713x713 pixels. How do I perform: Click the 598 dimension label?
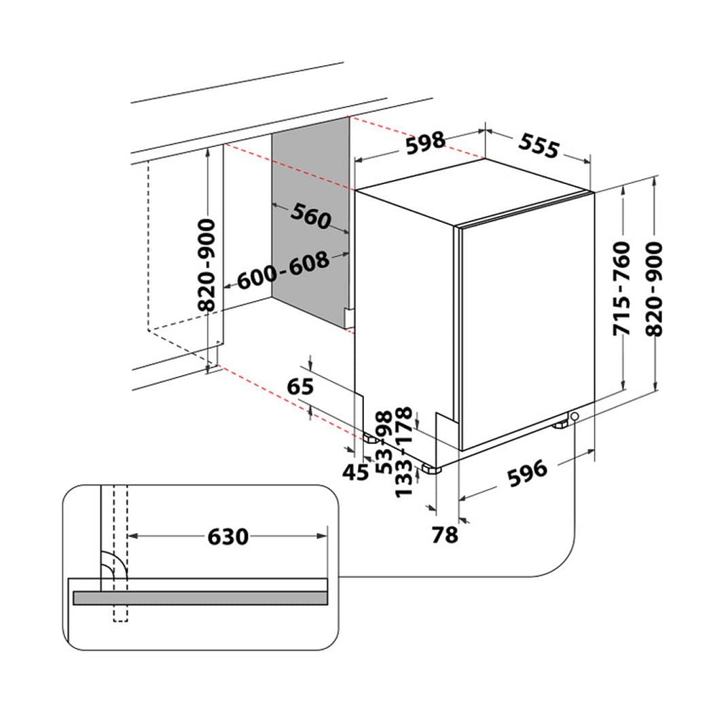point(425,143)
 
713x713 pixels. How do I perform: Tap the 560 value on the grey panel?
point(310,216)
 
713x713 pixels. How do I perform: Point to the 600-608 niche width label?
point(283,270)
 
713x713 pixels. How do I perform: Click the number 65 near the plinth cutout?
point(300,386)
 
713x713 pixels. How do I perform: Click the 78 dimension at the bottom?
point(445,535)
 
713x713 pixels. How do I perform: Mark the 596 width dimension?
point(527,471)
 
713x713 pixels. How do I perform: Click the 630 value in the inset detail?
point(227,536)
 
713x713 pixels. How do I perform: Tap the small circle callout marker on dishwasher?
point(575,416)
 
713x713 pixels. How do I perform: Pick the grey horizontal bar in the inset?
point(200,598)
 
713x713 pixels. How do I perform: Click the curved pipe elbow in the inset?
point(113,565)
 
